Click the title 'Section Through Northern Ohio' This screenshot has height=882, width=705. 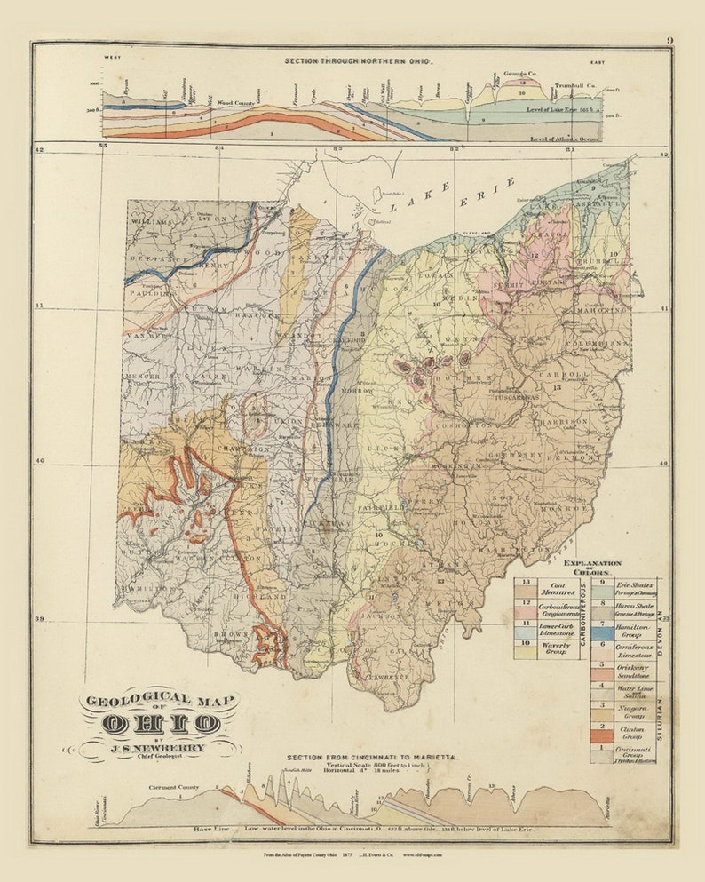click(x=358, y=60)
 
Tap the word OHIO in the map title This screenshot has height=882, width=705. click(x=160, y=724)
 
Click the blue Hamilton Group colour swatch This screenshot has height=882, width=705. click(x=601, y=633)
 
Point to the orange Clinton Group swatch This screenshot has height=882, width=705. click(x=601, y=735)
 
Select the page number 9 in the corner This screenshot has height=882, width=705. click(x=669, y=40)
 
